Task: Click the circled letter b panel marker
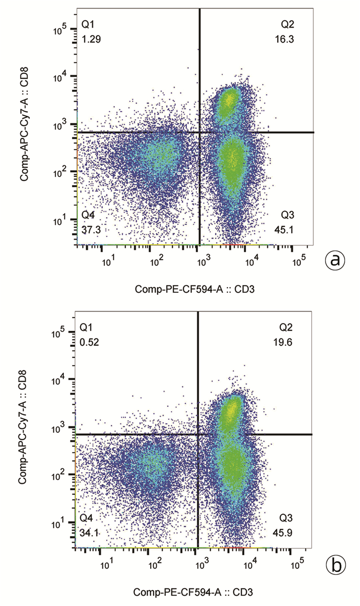point(335,565)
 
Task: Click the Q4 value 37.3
point(91,229)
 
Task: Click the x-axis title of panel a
point(195,290)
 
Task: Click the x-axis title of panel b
point(193,593)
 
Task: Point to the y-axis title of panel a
point(24,127)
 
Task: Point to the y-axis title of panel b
point(23,430)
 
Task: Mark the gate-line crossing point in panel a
point(199,132)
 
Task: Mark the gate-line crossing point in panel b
point(198,434)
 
